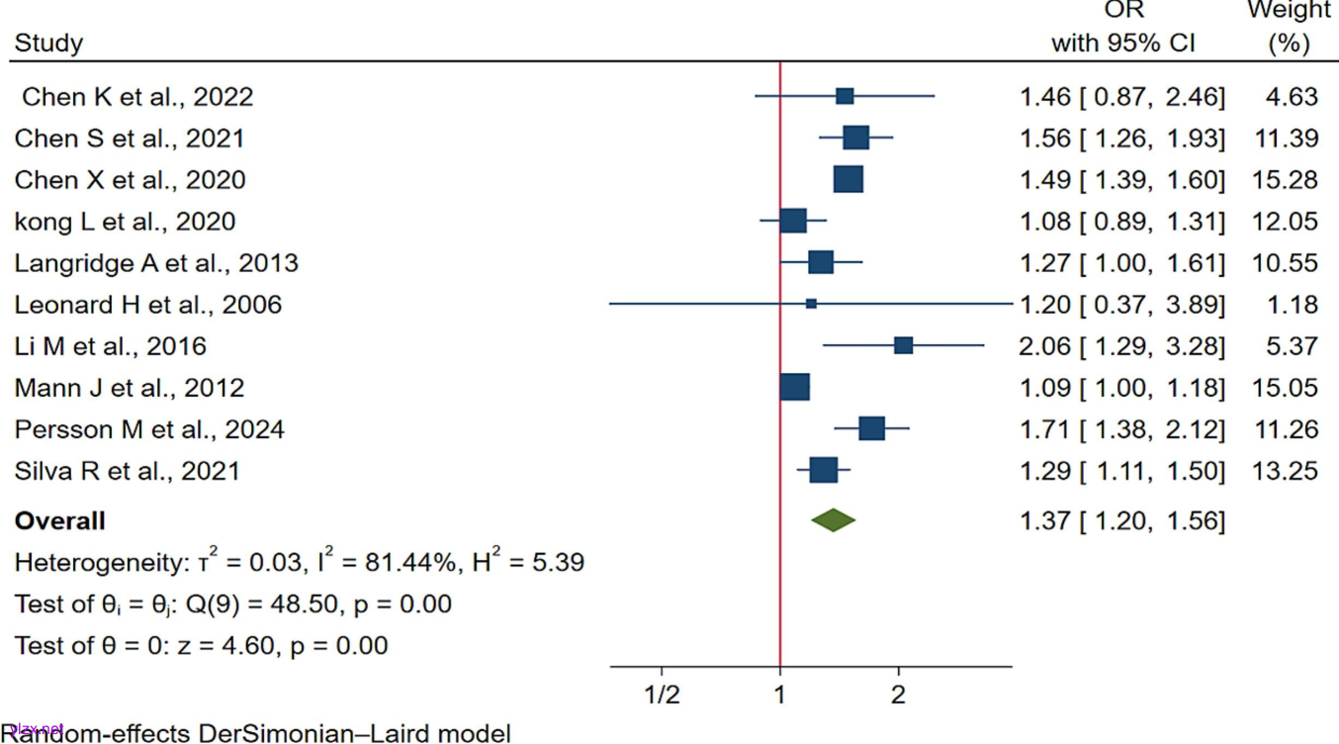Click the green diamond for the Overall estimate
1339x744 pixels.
833,520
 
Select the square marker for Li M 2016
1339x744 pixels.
903,345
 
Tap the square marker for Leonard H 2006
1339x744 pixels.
811,304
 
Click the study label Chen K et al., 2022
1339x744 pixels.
137,97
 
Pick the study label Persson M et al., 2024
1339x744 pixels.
149,429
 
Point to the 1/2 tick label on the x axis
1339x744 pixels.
661,695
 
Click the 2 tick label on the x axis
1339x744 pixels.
898,695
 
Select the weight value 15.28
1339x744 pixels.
1286,180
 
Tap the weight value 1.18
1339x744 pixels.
1293,305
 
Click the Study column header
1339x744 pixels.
48,44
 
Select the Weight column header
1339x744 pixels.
1289,11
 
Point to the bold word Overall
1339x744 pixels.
59,521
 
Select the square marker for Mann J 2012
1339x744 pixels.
794,387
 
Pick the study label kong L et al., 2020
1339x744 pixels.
125,222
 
